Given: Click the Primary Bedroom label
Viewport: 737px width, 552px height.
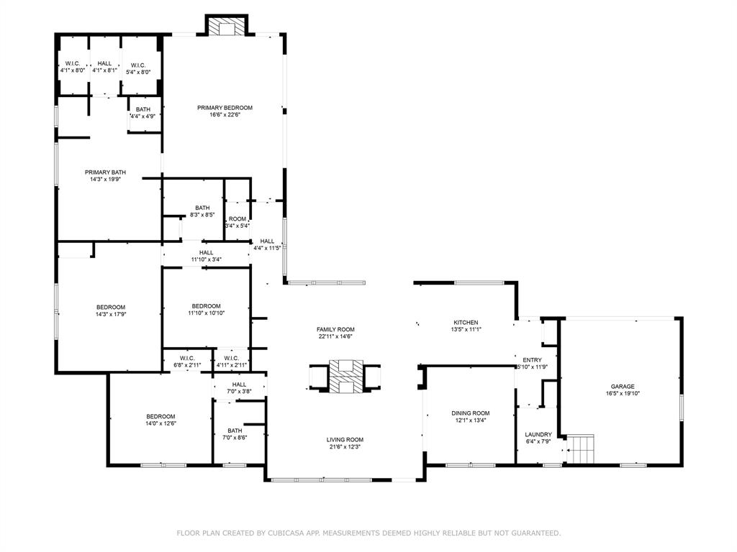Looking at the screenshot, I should tap(225, 108).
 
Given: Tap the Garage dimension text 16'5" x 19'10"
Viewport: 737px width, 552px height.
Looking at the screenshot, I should tap(623, 394).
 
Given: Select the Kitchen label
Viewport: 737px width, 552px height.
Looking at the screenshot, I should tap(466, 323).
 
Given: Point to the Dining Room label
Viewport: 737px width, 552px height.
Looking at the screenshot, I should tap(470, 413).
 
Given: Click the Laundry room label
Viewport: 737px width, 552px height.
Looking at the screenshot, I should tap(538, 435).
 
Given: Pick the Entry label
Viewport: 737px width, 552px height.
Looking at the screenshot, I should tap(532, 360).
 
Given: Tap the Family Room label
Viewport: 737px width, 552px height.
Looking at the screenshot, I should tap(335, 330).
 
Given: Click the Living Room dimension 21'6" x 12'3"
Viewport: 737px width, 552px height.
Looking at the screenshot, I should tap(345, 447).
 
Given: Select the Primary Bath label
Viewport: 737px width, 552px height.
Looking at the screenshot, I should tap(105, 172).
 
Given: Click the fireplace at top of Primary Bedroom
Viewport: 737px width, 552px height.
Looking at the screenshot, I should tap(227, 27).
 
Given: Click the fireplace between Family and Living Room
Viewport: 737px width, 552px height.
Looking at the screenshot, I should tap(345, 376).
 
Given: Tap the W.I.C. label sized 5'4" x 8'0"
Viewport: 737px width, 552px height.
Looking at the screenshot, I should tap(139, 65).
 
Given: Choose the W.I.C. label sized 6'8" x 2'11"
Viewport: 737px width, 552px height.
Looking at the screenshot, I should tap(187, 358).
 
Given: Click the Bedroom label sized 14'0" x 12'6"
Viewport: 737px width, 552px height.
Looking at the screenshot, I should tap(160, 417).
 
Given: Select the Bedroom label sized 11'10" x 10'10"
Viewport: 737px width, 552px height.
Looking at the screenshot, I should tap(206, 306).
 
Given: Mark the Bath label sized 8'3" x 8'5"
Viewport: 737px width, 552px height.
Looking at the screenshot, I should tap(202, 208).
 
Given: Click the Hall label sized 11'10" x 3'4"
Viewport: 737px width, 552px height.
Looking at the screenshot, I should tap(206, 253).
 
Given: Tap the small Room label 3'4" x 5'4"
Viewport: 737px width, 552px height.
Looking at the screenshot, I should tap(238, 219).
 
